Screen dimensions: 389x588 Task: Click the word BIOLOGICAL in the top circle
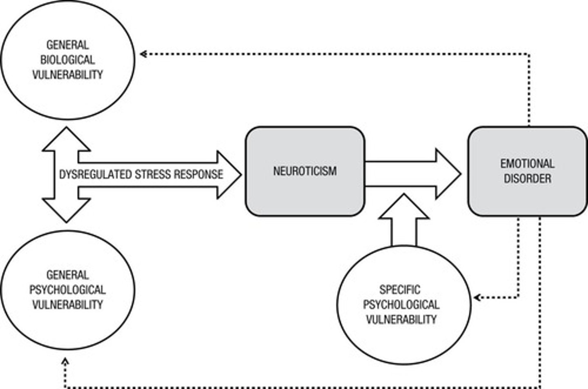click(67, 60)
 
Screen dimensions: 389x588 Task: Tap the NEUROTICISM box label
click(305, 171)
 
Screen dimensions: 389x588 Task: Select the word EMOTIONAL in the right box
click(527, 164)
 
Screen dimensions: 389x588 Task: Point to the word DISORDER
click(527, 179)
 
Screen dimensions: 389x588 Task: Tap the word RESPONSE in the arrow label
click(198, 175)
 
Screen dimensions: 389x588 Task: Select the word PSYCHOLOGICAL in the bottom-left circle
click(67, 290)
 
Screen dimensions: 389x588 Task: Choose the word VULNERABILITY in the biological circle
click(67, 75)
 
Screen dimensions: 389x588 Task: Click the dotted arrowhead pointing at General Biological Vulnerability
click(143, 54)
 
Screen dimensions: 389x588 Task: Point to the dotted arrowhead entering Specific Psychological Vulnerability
click(477, 297)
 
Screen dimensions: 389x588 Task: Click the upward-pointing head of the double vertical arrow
click(66, 139)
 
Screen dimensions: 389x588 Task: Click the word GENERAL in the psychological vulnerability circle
click(67, 275)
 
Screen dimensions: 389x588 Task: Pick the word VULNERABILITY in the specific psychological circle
click(401, 319)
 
